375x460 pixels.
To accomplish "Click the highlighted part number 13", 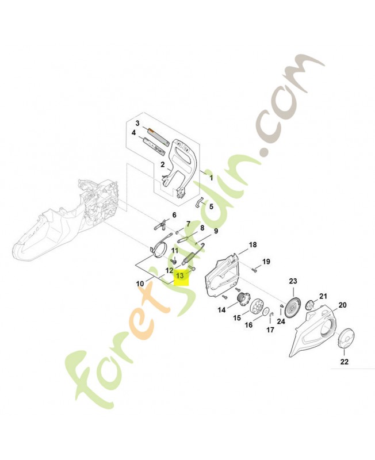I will pos(181,276).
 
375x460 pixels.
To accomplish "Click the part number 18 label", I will pos(252,245).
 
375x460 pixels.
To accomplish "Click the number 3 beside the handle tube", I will pos(137,124).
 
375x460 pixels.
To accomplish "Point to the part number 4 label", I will pos(133,133).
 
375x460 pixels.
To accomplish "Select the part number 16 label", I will pos(248,325).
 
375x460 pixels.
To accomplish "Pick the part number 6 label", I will pos(174,214).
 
